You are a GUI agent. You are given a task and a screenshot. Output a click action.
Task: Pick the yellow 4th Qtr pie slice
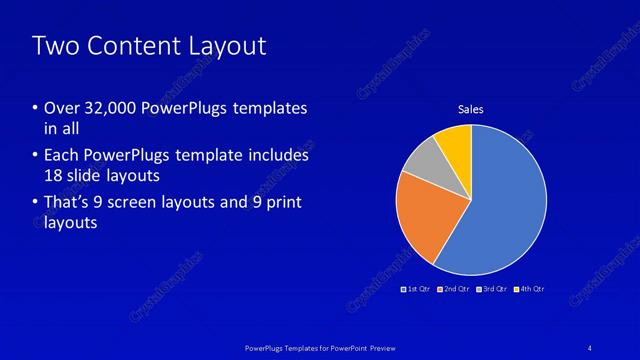455,142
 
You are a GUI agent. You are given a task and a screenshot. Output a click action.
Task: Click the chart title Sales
471,109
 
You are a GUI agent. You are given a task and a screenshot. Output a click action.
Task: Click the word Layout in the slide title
229,46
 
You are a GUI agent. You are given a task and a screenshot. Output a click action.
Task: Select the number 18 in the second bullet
54,174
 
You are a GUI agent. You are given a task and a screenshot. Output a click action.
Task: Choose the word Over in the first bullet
61,108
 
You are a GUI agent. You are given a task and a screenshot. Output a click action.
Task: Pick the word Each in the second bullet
61,156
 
